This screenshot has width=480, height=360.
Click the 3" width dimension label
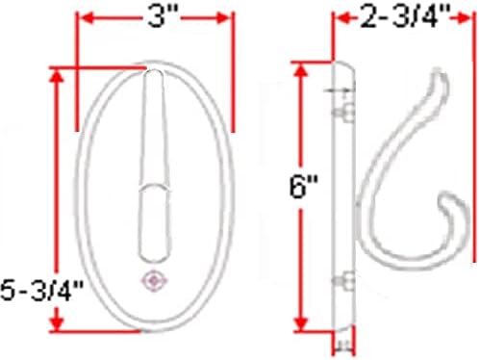click(x=163, y=16)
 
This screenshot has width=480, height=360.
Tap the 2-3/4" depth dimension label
click(x=403, y=16)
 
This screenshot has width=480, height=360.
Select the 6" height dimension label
click(x=303, y=187)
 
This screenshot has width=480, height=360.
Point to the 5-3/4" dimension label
click(x=42, y=290)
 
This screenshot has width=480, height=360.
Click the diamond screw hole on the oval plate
click(x=155, y=281)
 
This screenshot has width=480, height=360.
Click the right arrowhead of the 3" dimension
click(x=224, y=18)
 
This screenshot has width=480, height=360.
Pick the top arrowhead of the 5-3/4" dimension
click(x=57, y=77)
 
